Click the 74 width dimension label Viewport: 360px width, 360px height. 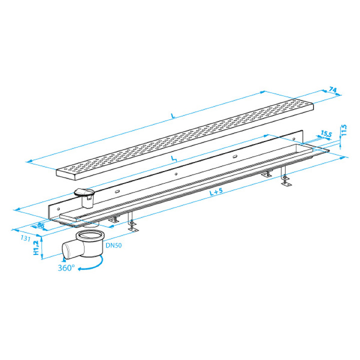pos(332,89)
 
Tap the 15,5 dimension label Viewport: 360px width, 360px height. pos(326,133)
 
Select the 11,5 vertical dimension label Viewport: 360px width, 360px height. pos(344,130)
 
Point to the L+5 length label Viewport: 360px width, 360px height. pos(216,191)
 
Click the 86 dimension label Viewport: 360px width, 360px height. pos(40,225)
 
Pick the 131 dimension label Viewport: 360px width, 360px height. pos(25,238)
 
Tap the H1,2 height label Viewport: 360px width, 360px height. pos(36,248)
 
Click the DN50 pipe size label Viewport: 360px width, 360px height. pos(113,245)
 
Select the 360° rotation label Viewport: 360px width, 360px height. pos(66,267)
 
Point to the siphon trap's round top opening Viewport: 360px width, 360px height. pos(90,235)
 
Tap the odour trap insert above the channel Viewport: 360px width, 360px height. pos(84,197)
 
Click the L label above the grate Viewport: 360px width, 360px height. pos(173,116)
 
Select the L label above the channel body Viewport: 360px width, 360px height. pos(174,158)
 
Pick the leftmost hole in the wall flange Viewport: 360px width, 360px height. pos(58,209)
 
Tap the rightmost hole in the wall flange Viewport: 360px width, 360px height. pos(294,138)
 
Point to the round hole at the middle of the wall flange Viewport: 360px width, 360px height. pos(176,174)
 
